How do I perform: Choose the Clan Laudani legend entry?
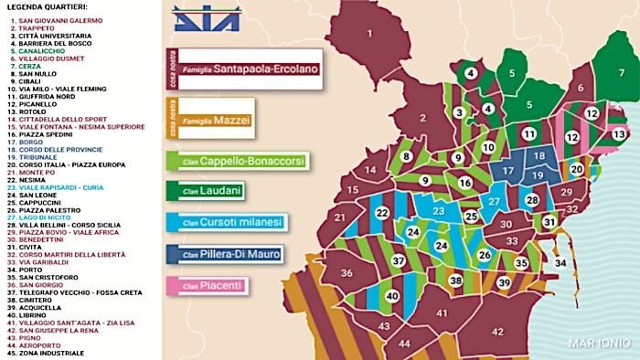[226, 192]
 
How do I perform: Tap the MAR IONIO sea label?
[598, 343]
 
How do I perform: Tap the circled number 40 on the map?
[391, 296]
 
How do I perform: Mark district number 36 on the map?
[347, 274]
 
